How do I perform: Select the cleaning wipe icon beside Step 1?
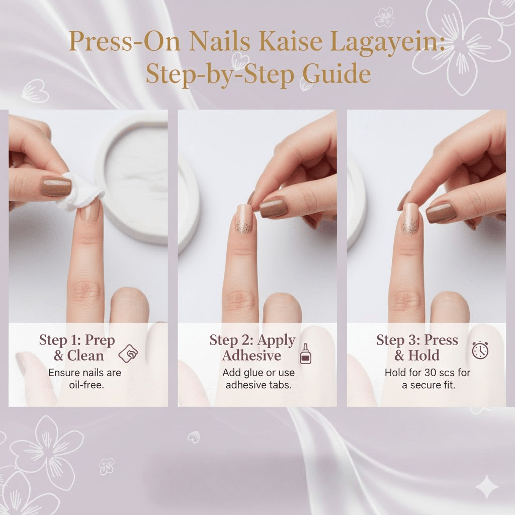point(128,354)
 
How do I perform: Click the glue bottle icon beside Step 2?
point(306,354)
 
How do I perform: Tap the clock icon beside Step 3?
point(480,350)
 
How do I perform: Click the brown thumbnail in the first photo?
point(56,187)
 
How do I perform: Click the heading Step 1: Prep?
point(77,340)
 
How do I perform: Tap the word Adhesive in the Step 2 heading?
point(251,356)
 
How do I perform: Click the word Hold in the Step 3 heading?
point(423,356)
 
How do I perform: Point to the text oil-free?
point(87,385)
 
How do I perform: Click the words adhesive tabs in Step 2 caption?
point(259,385)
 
